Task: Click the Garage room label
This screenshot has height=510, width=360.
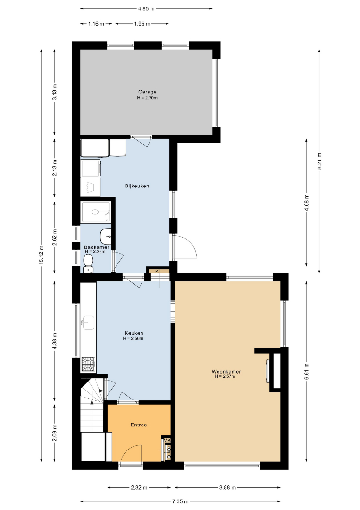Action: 147,92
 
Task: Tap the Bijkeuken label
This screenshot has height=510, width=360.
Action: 137,186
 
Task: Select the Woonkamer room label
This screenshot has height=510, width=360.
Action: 226,372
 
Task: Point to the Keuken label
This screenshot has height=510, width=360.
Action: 134,333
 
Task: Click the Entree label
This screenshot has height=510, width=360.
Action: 139,425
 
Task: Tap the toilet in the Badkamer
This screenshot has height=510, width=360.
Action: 88,263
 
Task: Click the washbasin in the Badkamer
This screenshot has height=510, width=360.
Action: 106,236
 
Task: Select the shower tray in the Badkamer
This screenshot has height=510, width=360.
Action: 96,212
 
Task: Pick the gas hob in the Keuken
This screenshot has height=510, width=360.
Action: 88,364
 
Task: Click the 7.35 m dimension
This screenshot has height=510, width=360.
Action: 180,501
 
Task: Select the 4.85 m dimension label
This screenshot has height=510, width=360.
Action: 146,9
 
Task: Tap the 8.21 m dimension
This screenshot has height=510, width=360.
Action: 320,161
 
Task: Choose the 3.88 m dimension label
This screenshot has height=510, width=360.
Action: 227,487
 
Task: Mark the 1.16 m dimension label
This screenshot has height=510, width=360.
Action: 96,24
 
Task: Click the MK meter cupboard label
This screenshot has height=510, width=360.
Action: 167,441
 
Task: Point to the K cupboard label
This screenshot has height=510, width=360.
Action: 157,271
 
